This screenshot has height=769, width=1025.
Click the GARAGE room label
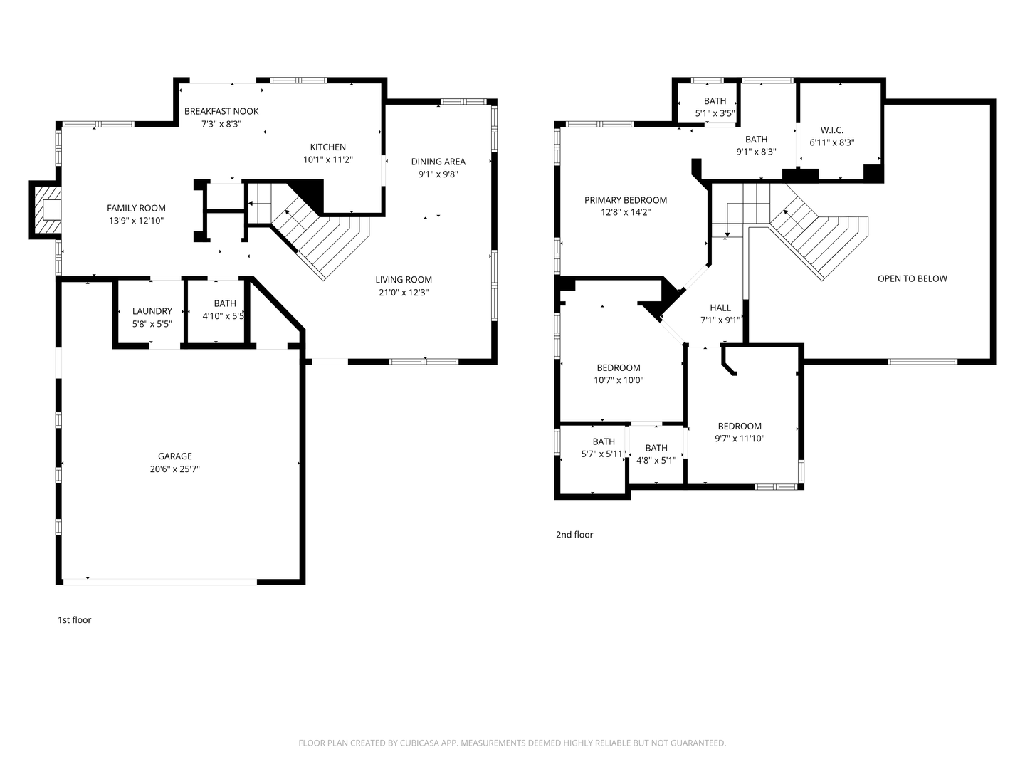point(174,456)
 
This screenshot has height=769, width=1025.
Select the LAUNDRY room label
point(152,311)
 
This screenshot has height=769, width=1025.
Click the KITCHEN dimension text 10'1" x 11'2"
point(328,160)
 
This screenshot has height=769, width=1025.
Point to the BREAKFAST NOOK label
point(221,111)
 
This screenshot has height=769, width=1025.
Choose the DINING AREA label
point(438,162)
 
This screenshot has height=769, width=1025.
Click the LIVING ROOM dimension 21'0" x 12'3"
point(404,293)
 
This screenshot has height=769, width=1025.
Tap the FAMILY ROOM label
point(136,208)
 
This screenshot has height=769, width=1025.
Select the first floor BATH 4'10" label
point(224,303)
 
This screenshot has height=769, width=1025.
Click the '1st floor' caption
point(74,620)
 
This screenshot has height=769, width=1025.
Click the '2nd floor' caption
point(574,535)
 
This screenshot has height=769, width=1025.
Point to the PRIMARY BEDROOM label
point(626,200)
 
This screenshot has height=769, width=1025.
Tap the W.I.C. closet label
point(831,130)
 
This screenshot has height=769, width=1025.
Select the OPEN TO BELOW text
point(912,278)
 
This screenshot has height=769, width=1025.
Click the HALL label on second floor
point(720,308)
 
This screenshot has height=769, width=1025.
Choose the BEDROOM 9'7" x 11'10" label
point(739,427)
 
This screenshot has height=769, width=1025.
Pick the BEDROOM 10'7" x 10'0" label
point(618,368)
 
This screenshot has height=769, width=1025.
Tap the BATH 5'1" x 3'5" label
point(715,101)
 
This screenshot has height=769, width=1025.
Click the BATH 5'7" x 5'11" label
point(603,442)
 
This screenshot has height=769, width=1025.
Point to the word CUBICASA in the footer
point(413,743)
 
